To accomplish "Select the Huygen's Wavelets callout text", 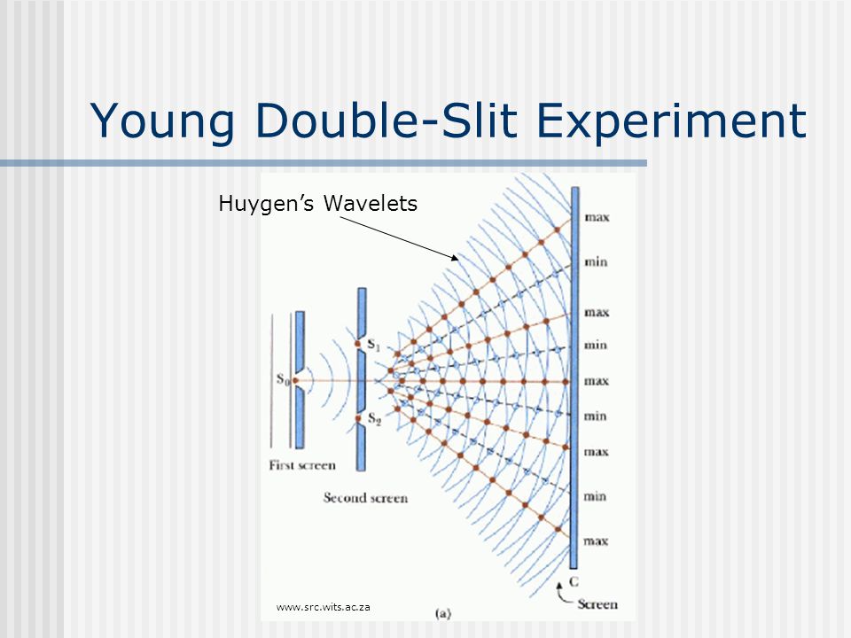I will [317, 204].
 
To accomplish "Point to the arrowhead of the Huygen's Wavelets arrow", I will [456, 259].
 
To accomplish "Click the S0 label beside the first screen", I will [283, 381].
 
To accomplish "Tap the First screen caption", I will [302, 465].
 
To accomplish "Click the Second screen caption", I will [365, 498].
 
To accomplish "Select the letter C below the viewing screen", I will [575, 581].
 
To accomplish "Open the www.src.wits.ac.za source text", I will [323, 607].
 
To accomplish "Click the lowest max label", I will [597, 540].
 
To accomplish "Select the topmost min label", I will [596, 261].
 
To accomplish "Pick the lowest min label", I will [596, 497].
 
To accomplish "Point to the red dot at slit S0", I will [296, 381].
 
